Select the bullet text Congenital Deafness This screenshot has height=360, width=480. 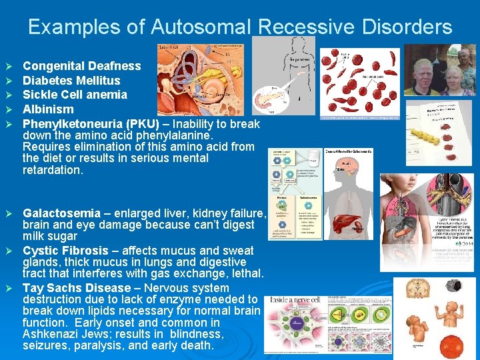(x=81, y=66)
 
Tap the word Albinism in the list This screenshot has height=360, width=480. (x=48, y=109)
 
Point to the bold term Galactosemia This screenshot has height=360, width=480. (x=61, y=213)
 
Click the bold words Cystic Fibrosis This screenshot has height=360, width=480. (x=65, y=251)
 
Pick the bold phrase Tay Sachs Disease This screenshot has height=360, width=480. (x=77, y=288)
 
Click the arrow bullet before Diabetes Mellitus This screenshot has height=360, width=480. (x=9, y=81)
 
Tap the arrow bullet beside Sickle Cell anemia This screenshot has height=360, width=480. (x=9, y=95)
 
